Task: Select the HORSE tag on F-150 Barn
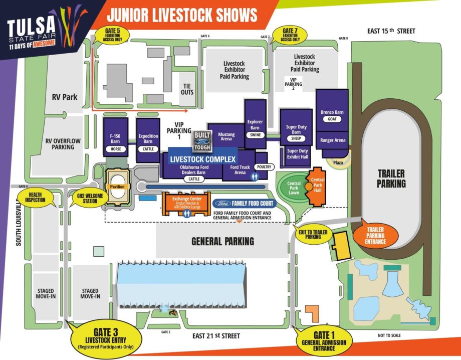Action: tap(115, 149)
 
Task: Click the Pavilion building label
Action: tap(118, 187)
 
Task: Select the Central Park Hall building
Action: tap(317, 187)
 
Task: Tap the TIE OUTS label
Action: tap(186, 89)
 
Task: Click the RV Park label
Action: tap(65, 97)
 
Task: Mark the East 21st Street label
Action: tap(216, 335)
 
